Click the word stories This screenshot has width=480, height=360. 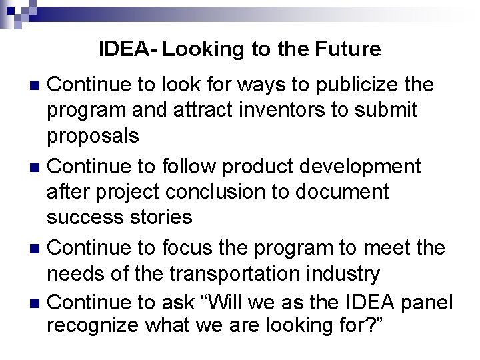click(157, 217)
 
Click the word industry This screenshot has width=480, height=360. click(346, 273)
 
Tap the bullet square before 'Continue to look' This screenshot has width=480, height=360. click(37, 86)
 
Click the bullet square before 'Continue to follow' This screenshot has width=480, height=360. click(37, 167)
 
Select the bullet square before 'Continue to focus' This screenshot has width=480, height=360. click(37, 248)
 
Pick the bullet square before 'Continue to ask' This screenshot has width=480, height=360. click(37, 303)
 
